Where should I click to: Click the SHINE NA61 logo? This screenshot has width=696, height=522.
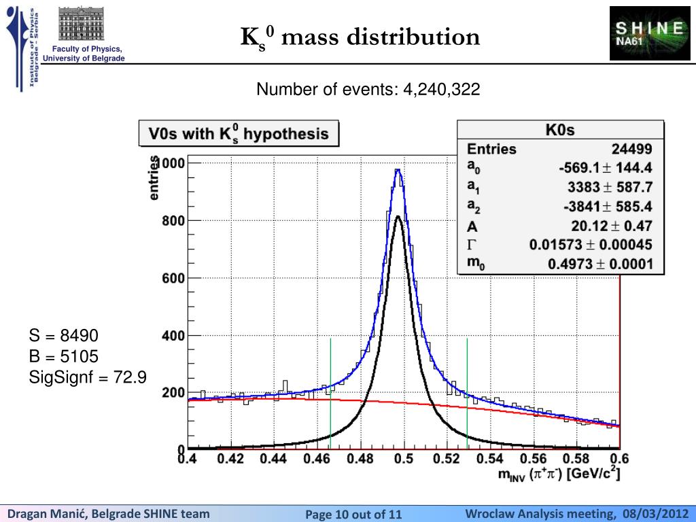(x=649, y=33)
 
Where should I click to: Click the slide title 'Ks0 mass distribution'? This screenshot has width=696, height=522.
(x=360, y=37)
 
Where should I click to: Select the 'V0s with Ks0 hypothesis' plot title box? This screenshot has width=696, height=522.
(x=239, y=134)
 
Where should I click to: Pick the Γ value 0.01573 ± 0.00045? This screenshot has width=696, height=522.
(x=591, y=245)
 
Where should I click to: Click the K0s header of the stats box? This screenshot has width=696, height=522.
(x=560, y=130)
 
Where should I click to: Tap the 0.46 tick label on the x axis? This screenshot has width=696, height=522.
(x=317, y=459)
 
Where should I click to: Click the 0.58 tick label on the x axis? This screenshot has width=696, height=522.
(x=576, y=459)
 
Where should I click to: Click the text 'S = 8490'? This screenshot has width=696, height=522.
(x=64, y=336)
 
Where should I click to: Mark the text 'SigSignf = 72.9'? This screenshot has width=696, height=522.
(x=88, y=377)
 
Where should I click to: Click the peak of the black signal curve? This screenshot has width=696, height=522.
(x=398, y=217)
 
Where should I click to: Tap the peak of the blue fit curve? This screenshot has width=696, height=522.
(x=398, y=170)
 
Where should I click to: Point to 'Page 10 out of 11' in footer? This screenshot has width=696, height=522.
(x=353, y=515)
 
